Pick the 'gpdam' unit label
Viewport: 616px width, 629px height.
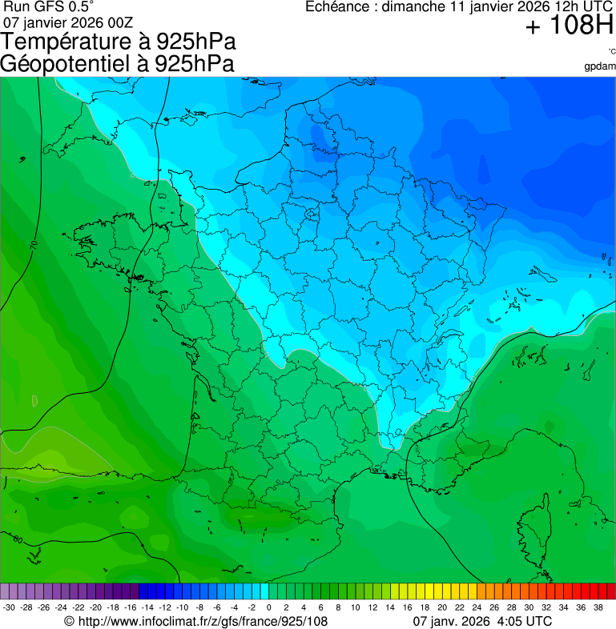(x=600, y=66)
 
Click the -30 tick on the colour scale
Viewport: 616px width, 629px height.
(x=9, y=607)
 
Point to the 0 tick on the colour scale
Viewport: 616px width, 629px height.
(x=268, y=607)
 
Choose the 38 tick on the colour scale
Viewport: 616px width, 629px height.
(x=598, y=607)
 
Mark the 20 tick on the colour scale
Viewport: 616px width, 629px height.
(x=442, y=607)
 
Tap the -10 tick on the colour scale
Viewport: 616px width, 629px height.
(x=182, y=607)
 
